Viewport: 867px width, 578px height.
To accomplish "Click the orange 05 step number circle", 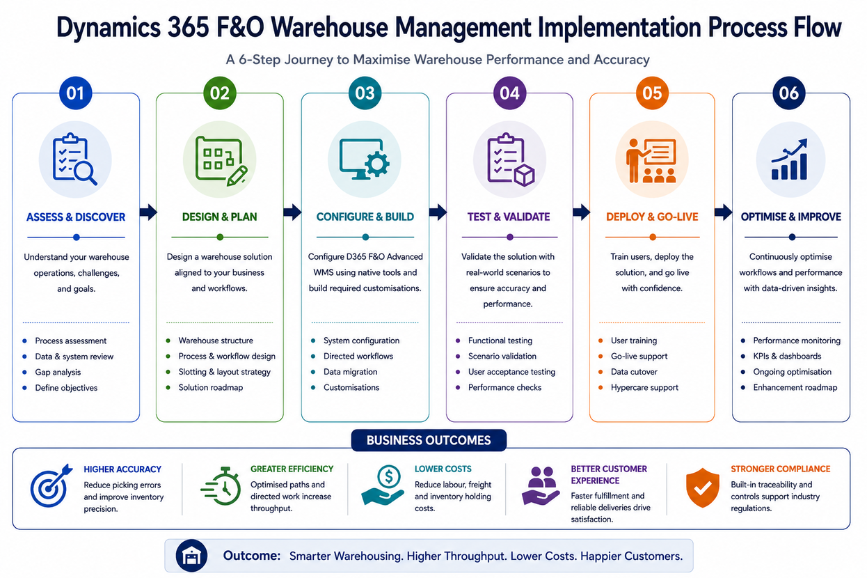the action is click(x=652, y=93).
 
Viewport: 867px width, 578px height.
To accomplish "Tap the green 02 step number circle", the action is click(x=219, y=93).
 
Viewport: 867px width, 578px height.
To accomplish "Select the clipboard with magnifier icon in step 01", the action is click(x=74, y=159).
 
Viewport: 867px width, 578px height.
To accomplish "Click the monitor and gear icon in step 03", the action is click(x=364, y=159).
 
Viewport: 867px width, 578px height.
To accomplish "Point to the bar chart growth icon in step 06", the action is click(x=790, y=159).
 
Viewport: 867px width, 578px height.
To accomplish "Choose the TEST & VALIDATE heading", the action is click(x=509, y=217).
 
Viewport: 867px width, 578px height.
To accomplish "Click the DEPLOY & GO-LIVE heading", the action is click(x=652, y=217).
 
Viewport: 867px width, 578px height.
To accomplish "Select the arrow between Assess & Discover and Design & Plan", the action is click(x=148, y=212).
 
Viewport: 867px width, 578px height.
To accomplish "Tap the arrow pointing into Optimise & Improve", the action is click(x=724, y=212).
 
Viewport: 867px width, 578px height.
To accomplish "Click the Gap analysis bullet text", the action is click(x=58, y=373).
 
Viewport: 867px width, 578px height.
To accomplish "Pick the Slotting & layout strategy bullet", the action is click(x=225, y=372).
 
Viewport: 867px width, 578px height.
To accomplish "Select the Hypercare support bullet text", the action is click(x=644, y=387).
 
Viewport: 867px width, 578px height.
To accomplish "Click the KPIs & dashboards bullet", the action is click(x=787, y=356).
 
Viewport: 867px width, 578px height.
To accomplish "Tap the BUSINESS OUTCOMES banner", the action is click(x=429, y=440).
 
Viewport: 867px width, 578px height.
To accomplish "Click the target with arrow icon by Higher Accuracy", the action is click(x=51, y=486).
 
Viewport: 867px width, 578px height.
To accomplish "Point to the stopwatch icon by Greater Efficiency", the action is click(x=221, y=486).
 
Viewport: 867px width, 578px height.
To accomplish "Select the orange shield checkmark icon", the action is click(x=703, y=487).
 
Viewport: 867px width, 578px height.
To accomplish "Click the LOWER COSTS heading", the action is click(x=443, y=469).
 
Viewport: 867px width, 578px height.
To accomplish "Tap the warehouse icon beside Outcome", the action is click(x=191, y=556).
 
